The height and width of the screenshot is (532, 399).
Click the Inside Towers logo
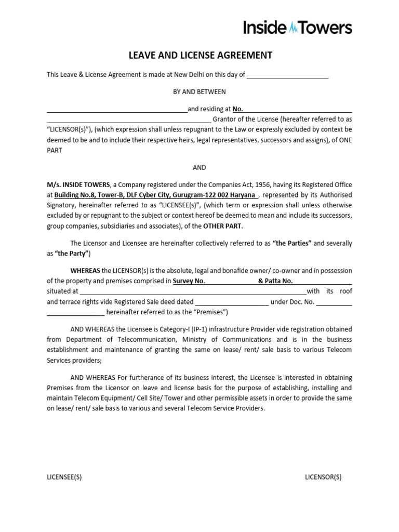click(297, 28)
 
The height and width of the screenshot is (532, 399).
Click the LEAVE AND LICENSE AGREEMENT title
click(200, 56)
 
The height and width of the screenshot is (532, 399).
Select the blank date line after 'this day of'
click(287, 75)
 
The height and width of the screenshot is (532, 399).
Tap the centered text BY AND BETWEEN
click(199, 92)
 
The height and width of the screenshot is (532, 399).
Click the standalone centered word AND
click(199, 167)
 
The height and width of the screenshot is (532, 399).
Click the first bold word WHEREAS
click(85, 271)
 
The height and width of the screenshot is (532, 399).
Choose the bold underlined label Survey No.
click(189, 281)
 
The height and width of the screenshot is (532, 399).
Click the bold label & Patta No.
click(275, 281)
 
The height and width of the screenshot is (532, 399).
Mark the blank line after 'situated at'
click(192, 291)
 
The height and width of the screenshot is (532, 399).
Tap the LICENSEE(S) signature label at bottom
click(64, 477)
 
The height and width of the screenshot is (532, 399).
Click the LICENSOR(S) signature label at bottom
click(323, 477)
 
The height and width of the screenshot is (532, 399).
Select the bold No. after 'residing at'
click(237, 109)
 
